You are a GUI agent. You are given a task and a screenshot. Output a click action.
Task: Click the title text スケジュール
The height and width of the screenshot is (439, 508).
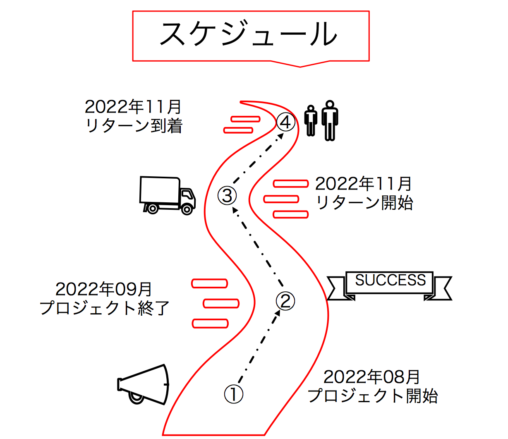[x=248, y=35]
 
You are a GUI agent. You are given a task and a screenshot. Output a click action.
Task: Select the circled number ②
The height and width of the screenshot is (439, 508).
[x=285, y=301]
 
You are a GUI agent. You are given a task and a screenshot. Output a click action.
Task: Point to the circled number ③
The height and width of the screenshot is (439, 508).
[x=227, y=195]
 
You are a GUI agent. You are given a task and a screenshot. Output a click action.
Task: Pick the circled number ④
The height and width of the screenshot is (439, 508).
[x=286, y=122]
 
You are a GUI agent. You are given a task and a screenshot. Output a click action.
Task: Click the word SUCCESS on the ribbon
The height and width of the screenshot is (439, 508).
[x=390, y=281]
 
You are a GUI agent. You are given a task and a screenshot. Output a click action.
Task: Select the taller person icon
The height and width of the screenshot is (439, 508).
[x=330, y=120]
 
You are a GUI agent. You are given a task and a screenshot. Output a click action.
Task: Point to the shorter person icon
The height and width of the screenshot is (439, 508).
[x=311, y=121]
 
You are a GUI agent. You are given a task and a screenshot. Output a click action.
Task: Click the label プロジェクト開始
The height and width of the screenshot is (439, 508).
[x=373, y=396]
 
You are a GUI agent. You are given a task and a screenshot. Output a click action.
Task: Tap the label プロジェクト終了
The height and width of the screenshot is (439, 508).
[x=105, y=308]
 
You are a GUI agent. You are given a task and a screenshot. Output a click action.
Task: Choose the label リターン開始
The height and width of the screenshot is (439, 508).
[x=364, y=203]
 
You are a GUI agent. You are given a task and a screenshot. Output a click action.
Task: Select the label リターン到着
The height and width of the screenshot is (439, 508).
[x=134, y=126]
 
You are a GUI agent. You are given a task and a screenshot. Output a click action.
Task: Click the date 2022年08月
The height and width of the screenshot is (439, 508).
[x=371, y=377]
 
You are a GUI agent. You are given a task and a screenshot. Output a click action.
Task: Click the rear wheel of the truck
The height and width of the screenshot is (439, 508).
[x=152, y=208]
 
